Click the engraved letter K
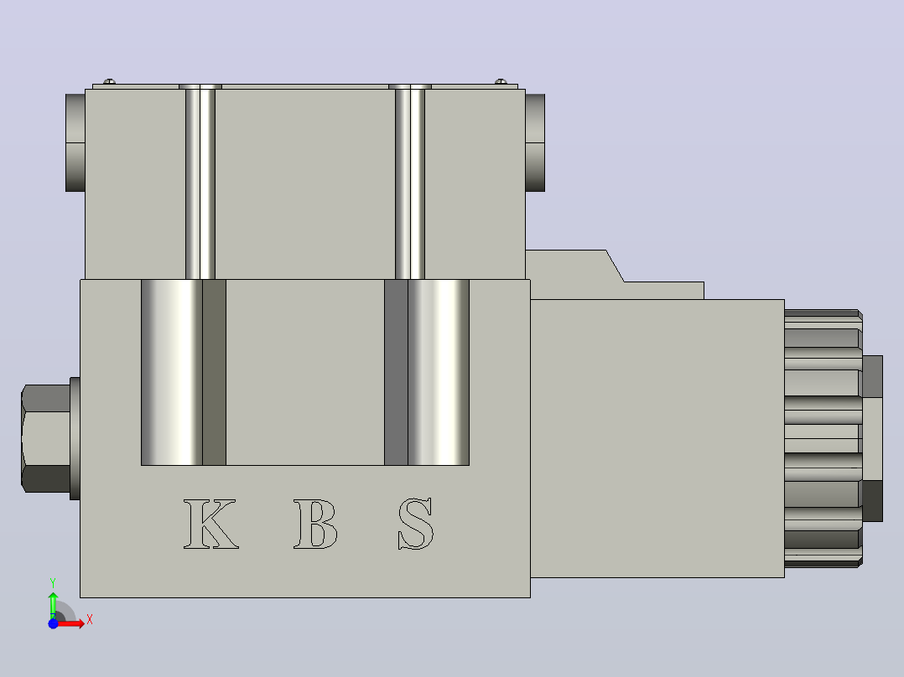point(210,524)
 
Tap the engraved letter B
point(315,524)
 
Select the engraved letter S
point(416,524)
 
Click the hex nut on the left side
point(46,438)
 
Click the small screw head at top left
point(109,82)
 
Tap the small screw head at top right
point(501,82)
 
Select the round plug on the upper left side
point(75,142)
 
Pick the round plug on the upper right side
point(535,142)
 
